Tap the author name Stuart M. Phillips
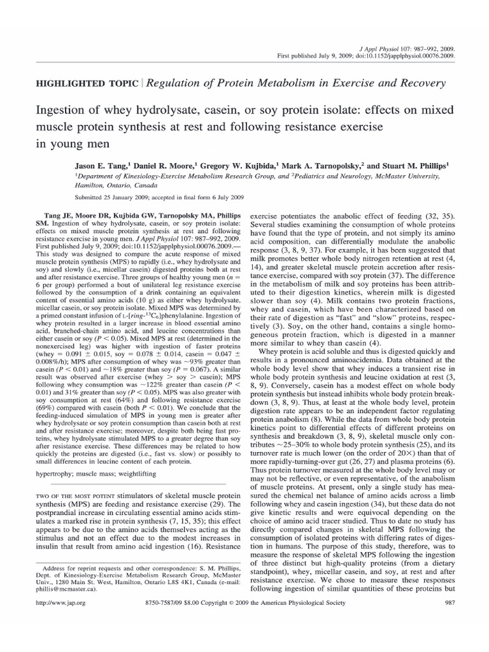[x=411, y=163]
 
